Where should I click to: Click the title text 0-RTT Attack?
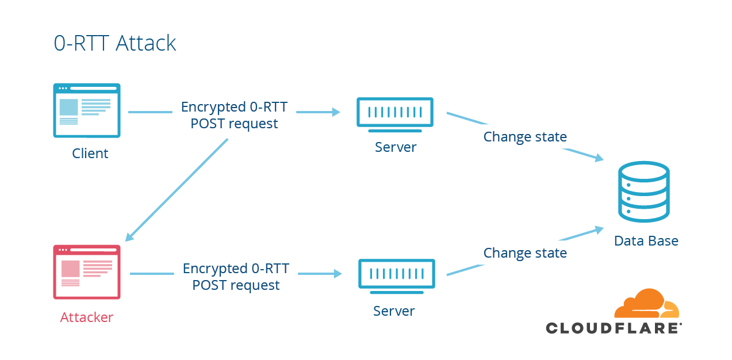[x=115, y=43]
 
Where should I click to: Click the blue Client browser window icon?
[x=87, y=110]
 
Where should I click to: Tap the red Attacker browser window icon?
[x=87, y=272]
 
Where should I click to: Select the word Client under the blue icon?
[x=90, y=154]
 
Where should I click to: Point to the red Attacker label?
[x=87, y=317]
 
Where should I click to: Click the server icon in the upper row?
[x=394, y=112]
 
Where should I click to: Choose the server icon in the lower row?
[x=396, y=274]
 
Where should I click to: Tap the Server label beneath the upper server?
[x=396, y=147]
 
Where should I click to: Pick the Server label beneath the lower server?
[x=394, y=311]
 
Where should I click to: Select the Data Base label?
[x=646, y=241]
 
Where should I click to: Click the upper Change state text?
[x=525, y=137]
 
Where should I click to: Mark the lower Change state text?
[x=525, y=253]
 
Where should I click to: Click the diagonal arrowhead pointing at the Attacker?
[x=130, y=236]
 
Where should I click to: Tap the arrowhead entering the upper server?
[x=336, y=112]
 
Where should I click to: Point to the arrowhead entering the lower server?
[x=338, y=274]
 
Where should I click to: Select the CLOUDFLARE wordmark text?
[x=614, y=328]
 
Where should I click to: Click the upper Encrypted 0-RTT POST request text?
[x=234, y=115]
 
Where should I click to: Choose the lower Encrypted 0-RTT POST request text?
[x=236, y=277]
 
